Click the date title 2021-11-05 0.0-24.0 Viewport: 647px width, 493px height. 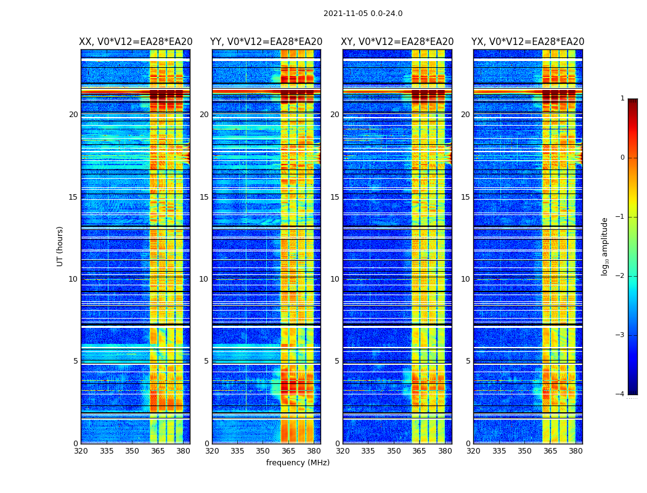click(363, 14)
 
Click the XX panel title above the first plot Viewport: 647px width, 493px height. click(136, 42)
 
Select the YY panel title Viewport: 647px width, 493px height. click(266, 42)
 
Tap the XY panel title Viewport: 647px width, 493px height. click(397, 42)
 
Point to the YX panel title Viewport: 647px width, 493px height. click(528, 42)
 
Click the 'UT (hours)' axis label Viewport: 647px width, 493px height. click(60, 246)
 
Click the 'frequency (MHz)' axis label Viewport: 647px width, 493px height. click(298, 463)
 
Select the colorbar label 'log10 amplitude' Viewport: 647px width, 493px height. click(605, 246)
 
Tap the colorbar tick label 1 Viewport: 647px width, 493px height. click(622, 99)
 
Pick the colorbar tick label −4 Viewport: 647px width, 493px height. click(621, 394)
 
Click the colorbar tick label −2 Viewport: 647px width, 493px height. click(621, 276)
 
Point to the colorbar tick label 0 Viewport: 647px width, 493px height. click(622, 158)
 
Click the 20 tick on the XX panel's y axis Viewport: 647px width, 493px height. click(73, 115)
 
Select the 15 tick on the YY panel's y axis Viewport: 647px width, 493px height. click(204, 197)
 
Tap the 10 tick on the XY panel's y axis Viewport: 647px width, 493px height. click(335, 279)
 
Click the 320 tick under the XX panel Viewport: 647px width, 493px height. click(81, 451)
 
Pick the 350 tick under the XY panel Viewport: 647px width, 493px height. click(394, 451)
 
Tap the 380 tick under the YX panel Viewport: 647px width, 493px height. click(576, 451)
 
